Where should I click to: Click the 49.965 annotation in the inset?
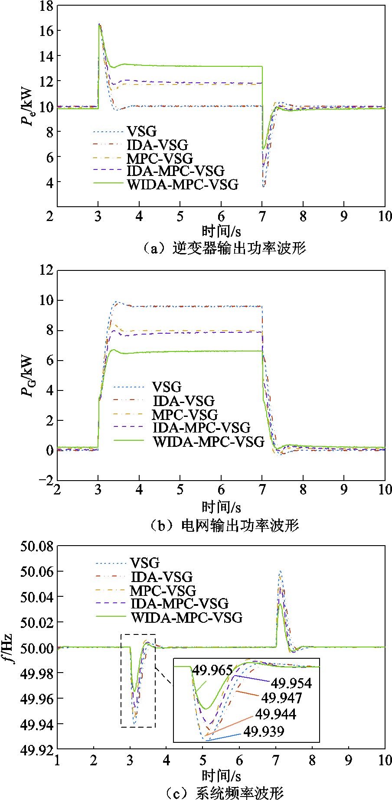click(212, 670)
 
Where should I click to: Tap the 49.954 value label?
click(291, 683)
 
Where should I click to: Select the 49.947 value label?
click(281, 698)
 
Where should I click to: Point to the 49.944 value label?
click(275, 714)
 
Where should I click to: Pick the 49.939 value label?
click(264, 731)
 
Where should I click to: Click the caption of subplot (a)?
click(224, 248)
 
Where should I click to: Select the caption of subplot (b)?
click(224, 525)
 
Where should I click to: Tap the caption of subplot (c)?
click(224, 793)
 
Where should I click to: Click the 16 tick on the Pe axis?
click(46, 30)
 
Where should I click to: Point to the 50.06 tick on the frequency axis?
click(37, 572)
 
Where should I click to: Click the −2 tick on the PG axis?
click(47, 480)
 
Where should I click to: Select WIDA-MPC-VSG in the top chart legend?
click(183, 184)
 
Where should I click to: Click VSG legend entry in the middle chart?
click(167, 387)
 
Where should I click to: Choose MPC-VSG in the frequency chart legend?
click(163, 590)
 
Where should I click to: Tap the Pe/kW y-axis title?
click(27, 106)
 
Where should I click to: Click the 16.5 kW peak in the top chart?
click(100, 25)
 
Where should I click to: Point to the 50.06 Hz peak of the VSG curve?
click(281, 572)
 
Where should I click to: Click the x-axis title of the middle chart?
click(221, 507)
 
